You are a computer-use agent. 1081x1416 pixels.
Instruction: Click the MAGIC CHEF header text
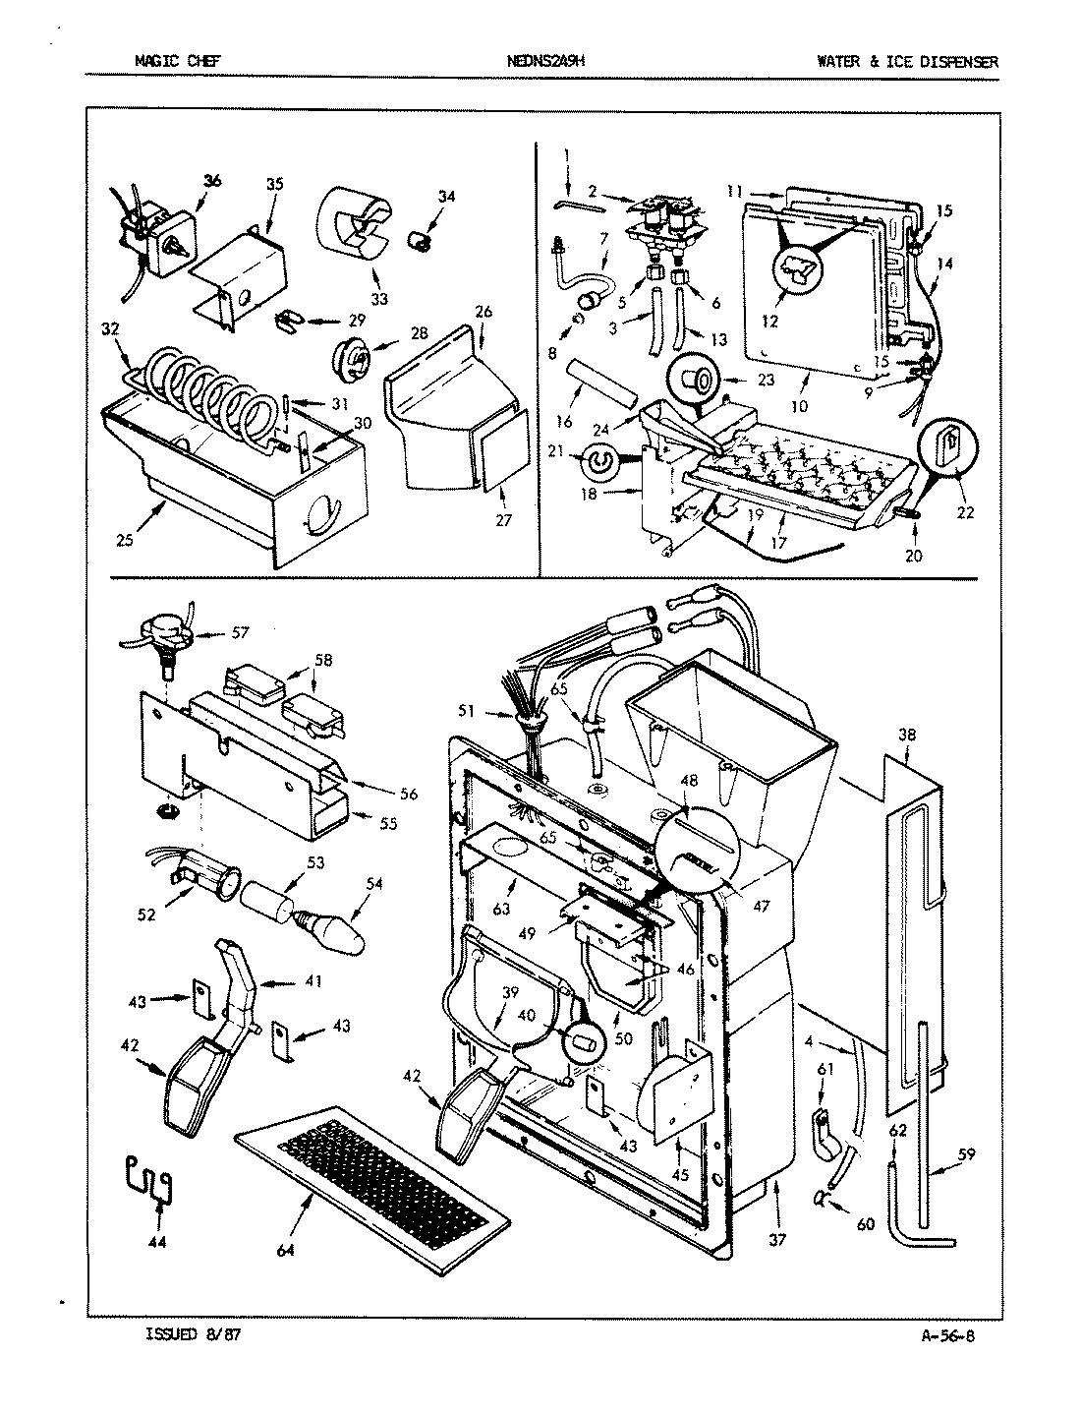[177, 61]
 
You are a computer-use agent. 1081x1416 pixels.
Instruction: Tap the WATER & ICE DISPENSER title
[906, 61]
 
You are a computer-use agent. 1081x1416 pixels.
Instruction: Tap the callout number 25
[123, 540]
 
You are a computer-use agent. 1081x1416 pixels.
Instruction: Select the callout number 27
[504, 520]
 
